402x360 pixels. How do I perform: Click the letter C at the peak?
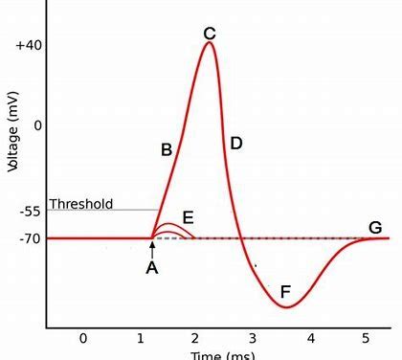pos(210,34)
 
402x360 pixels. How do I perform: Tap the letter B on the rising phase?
pos(166,150)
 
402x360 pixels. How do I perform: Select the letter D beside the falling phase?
pos(235,144)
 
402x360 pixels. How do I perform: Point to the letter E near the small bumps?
pos(188,217)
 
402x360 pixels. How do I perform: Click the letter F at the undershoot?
pos(284,291)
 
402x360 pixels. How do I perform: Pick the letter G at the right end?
pos(375,227)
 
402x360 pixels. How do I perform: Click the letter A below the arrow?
pos(151,269)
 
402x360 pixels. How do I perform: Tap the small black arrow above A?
pos(151,249)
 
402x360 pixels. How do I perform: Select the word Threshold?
pos(80,204)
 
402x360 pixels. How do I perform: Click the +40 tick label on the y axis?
pos(28,46)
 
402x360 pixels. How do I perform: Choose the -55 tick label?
pos(30,211)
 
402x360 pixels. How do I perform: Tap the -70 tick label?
pos(30,237)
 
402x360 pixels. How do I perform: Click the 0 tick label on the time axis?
pos(83,338)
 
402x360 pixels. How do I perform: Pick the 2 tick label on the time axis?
pos(195,338)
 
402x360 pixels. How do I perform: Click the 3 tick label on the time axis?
pos(252,338)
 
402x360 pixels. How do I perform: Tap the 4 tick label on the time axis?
pos(308,338)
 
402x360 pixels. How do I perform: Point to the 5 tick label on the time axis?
pos(365,338)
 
